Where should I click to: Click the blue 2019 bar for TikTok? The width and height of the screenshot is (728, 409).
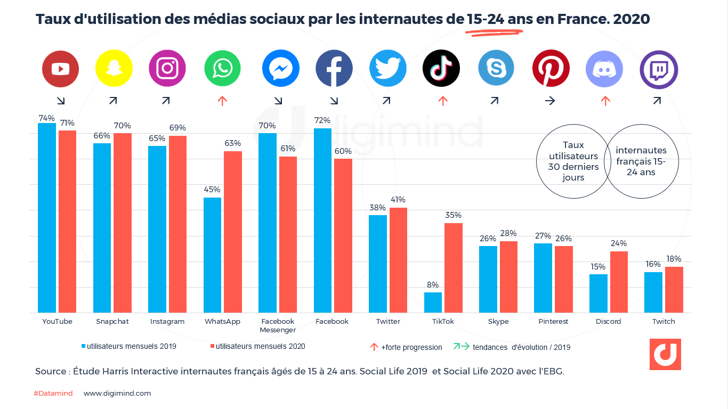click(433, 302)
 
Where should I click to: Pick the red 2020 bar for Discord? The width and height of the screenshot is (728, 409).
click(619, 282)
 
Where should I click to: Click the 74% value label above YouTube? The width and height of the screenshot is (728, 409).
click(46, 118)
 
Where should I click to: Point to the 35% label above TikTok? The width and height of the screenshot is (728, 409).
click(454, 215)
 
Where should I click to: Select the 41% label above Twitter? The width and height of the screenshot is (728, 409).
click(398, 200)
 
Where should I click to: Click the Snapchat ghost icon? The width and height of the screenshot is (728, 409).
click(114, 69)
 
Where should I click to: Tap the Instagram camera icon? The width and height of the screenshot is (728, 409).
click(167, 69)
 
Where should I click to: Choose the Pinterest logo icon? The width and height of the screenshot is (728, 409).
click(551, 69)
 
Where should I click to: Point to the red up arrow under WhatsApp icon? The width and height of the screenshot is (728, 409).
click(223, 101)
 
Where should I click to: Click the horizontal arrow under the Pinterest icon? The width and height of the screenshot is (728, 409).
click(550, 101)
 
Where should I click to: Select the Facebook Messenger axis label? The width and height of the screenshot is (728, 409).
click(277, 325)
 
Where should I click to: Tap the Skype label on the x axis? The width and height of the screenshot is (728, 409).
click(498, 322)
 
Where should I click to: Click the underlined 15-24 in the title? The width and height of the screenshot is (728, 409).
click(486, 20)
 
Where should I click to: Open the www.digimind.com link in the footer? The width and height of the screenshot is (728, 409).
click(117, 394)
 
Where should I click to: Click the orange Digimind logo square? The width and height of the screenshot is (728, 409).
click(665, 354)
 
